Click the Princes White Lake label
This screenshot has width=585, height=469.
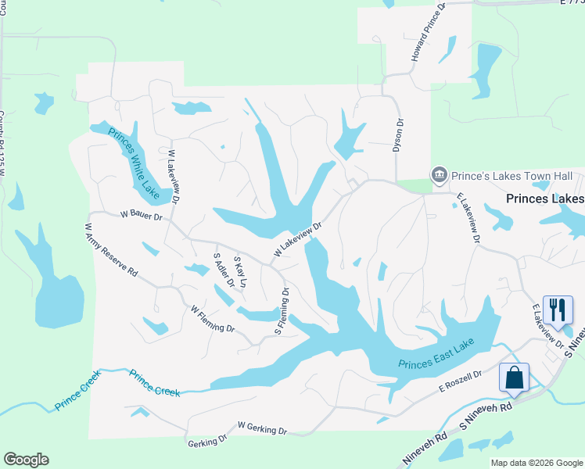pos(133,161)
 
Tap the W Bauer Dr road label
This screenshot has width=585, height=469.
pos(140,214)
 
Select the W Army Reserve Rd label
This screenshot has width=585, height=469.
pos(111,250)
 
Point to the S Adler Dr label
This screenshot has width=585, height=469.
pos(224,269)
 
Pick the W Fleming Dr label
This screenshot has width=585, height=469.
pos(212,319)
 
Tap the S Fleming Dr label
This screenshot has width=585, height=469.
pos(282,311)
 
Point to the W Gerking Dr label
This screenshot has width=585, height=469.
pos(262,428)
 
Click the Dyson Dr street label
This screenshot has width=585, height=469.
pos(399,134)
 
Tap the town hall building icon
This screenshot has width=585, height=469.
pos(439,174)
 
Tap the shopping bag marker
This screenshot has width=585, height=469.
pos(515,377)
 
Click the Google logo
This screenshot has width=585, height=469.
pos(27,459)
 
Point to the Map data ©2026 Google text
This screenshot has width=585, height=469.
pos(536,463)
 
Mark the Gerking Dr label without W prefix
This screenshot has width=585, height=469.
pos(207,442)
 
